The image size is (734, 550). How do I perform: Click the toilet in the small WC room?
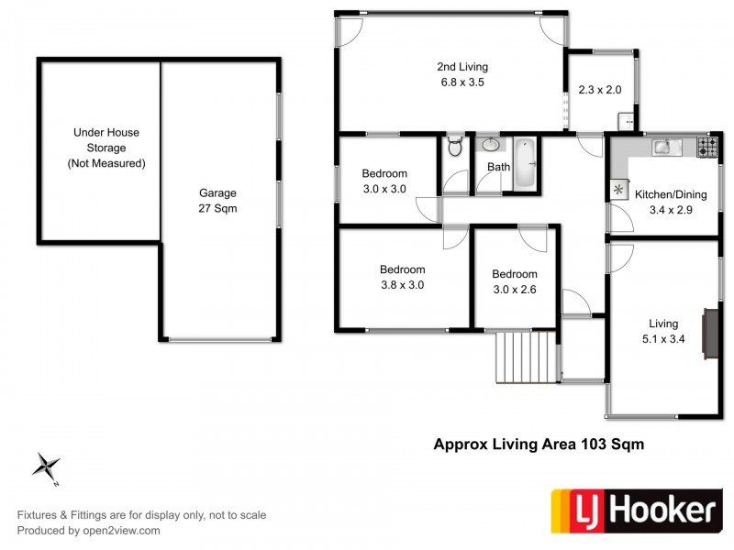click(x=454, y=148)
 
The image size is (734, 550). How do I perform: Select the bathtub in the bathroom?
click(x=525, y=163)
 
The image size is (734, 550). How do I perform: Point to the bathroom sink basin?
click(x=491, y=145)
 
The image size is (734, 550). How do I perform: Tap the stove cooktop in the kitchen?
click(x=708, y=146)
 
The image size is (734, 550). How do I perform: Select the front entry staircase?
click(x=527, y=357)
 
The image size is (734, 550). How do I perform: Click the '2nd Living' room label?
click(x=462, y=67)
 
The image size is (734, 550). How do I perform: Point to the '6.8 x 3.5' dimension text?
click(x=462, y=82)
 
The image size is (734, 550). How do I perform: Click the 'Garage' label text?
click(x=217, y=193)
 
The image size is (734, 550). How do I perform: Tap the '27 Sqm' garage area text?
click(x=217, y=208)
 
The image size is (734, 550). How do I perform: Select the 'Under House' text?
click(x=106, y=133)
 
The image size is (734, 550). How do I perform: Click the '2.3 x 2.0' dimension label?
click(x=599, y=90)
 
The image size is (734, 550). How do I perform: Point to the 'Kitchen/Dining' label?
click(x=663, y=195)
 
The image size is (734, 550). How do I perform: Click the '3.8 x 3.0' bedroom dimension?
click(x=403, y=285)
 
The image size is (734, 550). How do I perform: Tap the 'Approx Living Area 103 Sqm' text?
click(x=538, y=445)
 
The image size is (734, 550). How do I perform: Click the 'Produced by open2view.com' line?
click(x=89, y=530)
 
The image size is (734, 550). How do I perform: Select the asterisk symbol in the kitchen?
click(x=618, y=190)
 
